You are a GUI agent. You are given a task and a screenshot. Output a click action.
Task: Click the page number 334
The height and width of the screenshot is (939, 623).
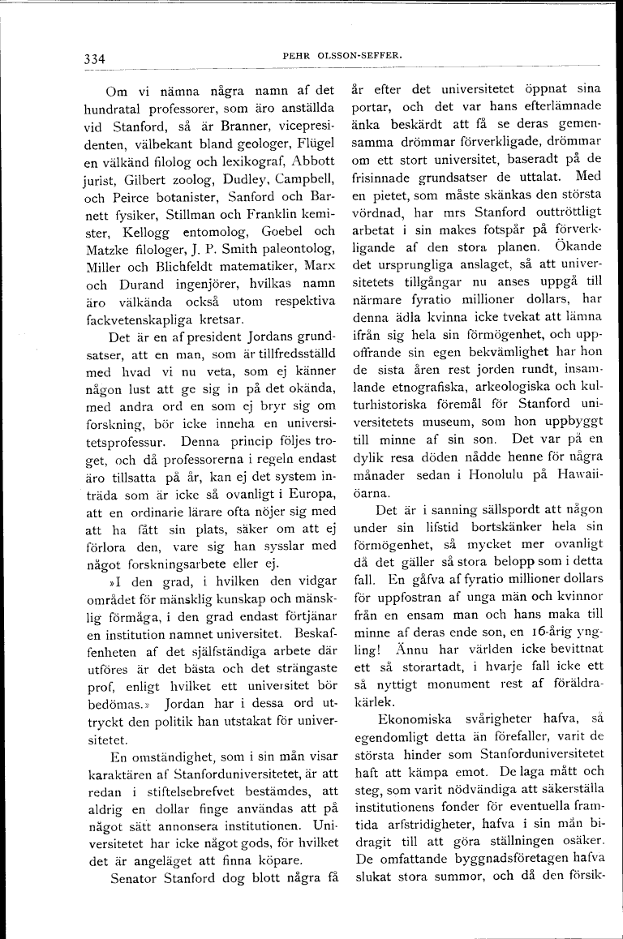[x=95, y=58]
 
